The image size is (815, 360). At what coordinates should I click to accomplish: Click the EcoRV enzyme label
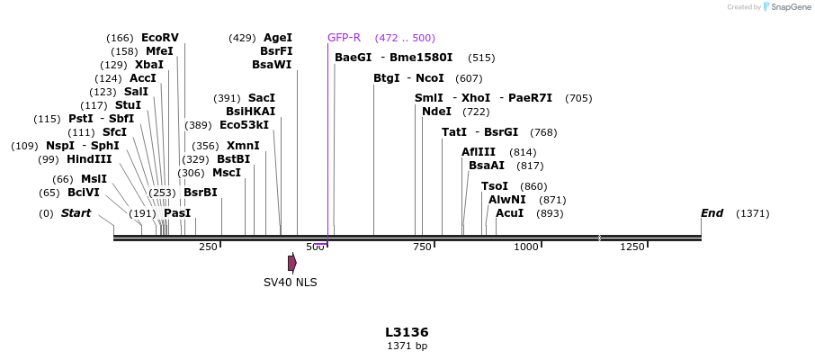click(x=160, y=38)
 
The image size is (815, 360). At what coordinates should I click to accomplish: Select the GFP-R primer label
click(x=344, y=38)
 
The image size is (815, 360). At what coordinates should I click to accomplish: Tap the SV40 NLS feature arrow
click(x=292, y=263)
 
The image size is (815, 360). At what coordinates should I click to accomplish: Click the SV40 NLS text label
click(x=290, y=282)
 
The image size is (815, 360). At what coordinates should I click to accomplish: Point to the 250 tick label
click(x=208, y=247)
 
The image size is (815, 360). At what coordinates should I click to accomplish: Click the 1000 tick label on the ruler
click(x=525, y=247)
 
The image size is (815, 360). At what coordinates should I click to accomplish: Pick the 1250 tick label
click(x=632, y=247)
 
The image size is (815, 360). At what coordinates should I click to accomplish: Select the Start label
click(x=76, y=213)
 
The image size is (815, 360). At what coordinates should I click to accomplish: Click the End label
click(x=712, y=213)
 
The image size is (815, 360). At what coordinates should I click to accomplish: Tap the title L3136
click(x=407, y=332)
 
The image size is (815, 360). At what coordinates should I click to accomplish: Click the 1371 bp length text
click(x=407, y=346)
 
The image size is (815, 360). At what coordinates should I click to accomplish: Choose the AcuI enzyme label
click(x=509, y=213)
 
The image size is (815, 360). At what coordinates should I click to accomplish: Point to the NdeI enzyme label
click(x=436, y=112)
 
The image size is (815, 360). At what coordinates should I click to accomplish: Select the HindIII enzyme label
click(x=88, y=159)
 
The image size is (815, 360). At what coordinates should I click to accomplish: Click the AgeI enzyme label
click(x=277, y=38)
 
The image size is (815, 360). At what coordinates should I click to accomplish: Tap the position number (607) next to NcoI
click(x=469, y=78)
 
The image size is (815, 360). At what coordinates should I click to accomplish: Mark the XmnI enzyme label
click(x=243, y=146)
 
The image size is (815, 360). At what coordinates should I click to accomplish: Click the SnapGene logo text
click(x=788, y=7)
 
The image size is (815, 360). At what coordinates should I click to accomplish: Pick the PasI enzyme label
click(x=177, y=213)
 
